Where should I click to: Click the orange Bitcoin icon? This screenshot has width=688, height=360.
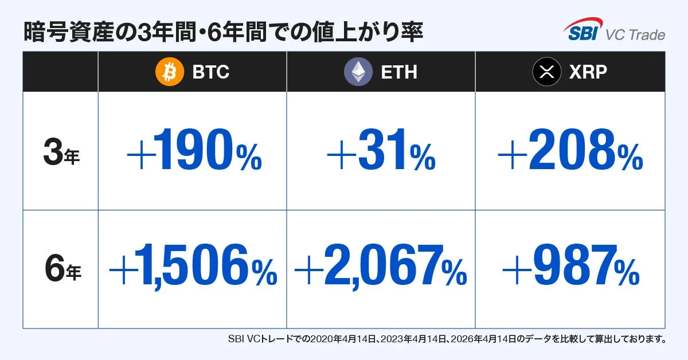tap(170, 72)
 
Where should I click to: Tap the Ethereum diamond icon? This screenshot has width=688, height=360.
tap(358, 72)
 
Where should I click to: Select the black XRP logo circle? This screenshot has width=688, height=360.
tap(546, 72)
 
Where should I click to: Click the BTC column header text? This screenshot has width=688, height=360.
tap(210, 72)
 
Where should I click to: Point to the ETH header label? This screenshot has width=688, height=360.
tap(399, 72)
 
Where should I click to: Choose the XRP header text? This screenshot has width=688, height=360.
tap(588, 72)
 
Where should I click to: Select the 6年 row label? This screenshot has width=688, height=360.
tap(61, 270)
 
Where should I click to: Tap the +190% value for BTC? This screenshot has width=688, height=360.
tap(194, 152)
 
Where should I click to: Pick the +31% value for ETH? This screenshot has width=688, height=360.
tap(381, 152)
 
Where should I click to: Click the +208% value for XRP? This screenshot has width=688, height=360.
tap(570, 152)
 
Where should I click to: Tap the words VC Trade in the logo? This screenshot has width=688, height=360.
tap(635, 35)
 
